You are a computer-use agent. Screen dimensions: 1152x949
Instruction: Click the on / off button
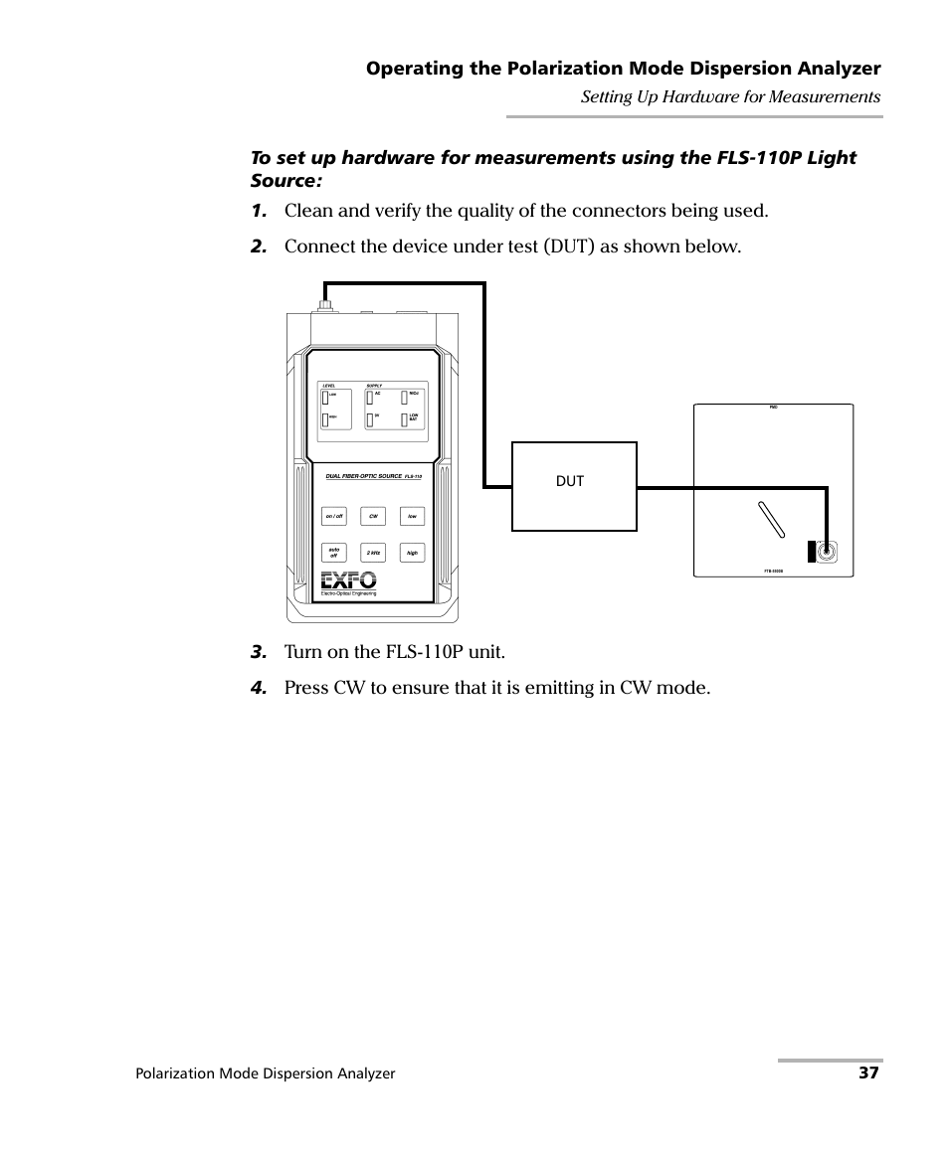334,516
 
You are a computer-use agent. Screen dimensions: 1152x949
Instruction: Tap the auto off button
334,553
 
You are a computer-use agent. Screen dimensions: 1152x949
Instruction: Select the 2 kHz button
373,553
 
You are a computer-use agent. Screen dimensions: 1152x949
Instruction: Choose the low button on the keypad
412,516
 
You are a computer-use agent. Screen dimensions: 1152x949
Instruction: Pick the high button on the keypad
412,553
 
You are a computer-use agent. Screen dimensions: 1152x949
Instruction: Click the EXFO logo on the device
348,580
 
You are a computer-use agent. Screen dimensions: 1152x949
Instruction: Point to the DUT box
573,487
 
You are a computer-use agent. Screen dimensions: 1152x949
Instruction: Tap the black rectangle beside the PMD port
811,552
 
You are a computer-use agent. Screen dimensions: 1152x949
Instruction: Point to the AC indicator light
369,397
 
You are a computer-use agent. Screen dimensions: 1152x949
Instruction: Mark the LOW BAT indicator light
405,418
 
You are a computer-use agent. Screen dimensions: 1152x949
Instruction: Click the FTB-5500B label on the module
774,572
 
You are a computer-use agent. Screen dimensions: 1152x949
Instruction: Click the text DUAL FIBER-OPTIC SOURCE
364,477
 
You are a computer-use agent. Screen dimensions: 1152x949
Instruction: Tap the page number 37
869,1073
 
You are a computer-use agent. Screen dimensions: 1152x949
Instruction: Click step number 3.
259,653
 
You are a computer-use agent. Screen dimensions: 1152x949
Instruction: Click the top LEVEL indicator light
325,397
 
